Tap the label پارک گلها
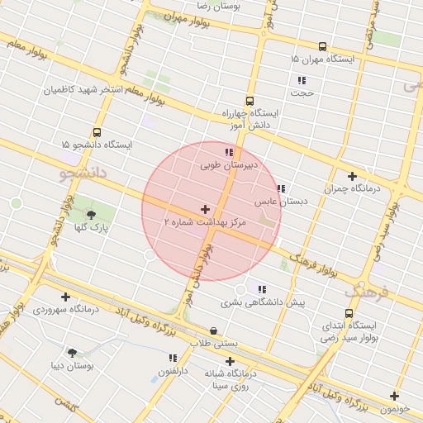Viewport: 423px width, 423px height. (92, 226)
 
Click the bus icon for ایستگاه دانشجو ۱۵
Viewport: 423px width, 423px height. (97, 132)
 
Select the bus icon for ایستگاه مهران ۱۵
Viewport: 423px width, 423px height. (321, 47)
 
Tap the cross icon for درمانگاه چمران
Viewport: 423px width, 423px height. (353, 176)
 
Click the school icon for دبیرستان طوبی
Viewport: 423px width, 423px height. (229, 153)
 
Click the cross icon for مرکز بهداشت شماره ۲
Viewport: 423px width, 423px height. (206, 210)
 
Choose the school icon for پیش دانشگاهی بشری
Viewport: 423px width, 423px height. (262, 289)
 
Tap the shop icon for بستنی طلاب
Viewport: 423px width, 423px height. (214, 330)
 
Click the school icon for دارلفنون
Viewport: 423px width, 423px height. (173, 359)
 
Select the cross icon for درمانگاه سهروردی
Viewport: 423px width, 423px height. (65, 297)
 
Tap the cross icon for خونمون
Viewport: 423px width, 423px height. (394, 396)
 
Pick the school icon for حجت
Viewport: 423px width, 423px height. (302, 81)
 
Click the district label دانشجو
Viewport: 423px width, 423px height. (84, 173)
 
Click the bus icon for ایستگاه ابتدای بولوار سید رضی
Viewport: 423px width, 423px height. (349, 313)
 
